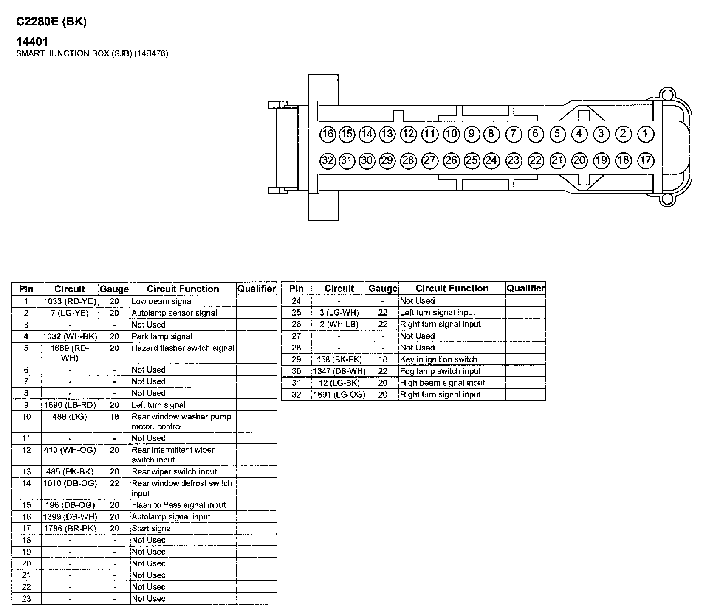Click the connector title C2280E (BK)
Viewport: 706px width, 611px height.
(x=51, y=22)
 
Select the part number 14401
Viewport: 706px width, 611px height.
(x=32, y=42)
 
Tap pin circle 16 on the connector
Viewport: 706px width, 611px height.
(x=328, y=135)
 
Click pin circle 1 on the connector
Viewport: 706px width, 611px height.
(x=645, y=135)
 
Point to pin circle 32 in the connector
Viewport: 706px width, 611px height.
(x=328, y=160)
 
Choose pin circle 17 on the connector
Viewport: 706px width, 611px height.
(x=645, y=160)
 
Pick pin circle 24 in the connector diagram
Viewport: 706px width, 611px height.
(x=491, y=160)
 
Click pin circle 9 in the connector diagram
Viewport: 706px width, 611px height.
(x=471, y=135)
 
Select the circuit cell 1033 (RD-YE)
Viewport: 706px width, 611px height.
(x=70, y=301)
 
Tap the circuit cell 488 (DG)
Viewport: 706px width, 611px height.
(x=70, y=417)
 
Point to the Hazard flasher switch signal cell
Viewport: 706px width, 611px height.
(x=183, y=348)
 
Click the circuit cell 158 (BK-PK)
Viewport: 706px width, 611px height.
(x=339, y=359)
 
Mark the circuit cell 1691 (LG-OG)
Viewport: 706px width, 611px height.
(x=339, y=395)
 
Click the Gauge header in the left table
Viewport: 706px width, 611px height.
(x=114, y=289)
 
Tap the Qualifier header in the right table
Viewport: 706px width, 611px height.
(x=525, y=289)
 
